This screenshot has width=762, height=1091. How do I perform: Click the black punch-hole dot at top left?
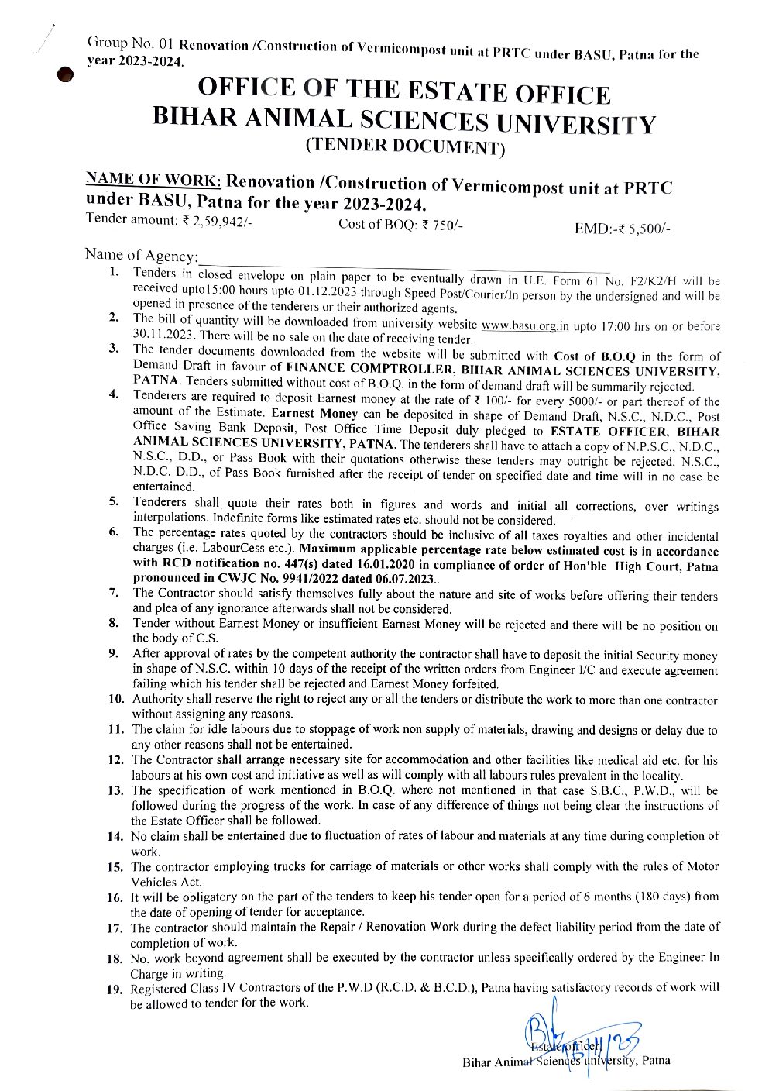coord(68,74)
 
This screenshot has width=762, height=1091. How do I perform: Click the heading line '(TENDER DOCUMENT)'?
coord(405,147)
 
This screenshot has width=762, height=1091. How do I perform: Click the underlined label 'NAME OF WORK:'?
coord(154,180)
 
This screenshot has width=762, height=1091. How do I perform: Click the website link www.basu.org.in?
coord(524,326)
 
